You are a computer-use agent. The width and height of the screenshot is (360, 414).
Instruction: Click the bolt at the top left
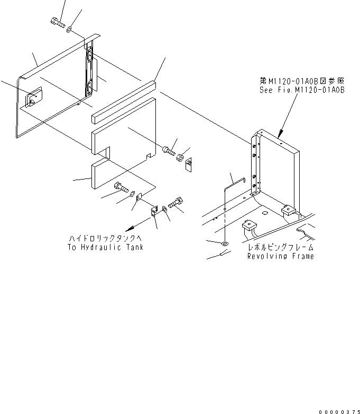pyautogui.click(x=58, y=22)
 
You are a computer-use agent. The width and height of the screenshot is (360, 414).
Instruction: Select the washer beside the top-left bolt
pyautogui.click(x=69, y=29)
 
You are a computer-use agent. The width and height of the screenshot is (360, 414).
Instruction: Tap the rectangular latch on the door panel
pyautogui.click(x=33, y=97)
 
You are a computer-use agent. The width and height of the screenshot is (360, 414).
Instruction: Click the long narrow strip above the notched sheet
pyautogui.click(x=124, y=102)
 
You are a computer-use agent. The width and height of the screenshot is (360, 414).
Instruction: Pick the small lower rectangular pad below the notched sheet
pyautogui.click(x=100, y=173)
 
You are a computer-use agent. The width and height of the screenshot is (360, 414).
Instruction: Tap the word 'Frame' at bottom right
pyautogui.click(x=303, y=256)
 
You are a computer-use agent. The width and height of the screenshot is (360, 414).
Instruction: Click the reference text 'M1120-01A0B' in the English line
pyautogui.click(x=319, y=90)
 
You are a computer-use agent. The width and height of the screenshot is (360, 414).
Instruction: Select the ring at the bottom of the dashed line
pyautogui.click(x=225, y=243)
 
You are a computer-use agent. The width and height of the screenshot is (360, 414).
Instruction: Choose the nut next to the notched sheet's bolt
pyautogui.click(x=180, y=157)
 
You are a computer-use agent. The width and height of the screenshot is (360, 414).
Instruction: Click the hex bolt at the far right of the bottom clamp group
pyautogui.click(x=176, y=203)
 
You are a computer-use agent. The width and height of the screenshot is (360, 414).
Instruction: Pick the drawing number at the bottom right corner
pyautogui.click(x=339, y=412)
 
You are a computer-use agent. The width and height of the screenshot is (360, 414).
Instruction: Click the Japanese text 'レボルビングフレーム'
pyautogui.click(x=281, y=247)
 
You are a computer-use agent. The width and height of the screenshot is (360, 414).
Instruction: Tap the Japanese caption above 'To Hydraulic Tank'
pyautogui.click(x=106, y=239)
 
